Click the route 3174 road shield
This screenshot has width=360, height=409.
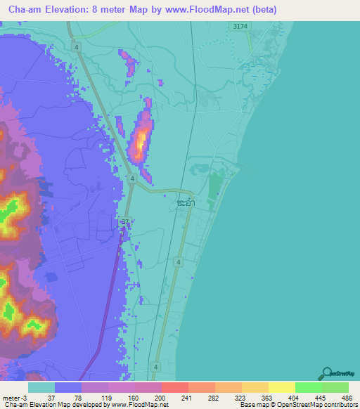coord(240,26)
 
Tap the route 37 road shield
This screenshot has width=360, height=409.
coord(125,221)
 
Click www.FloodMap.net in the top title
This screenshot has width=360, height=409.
coord(210,9)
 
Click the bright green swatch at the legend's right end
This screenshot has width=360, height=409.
coord(335,387)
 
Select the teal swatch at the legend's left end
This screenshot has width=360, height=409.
coord(41,387)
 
